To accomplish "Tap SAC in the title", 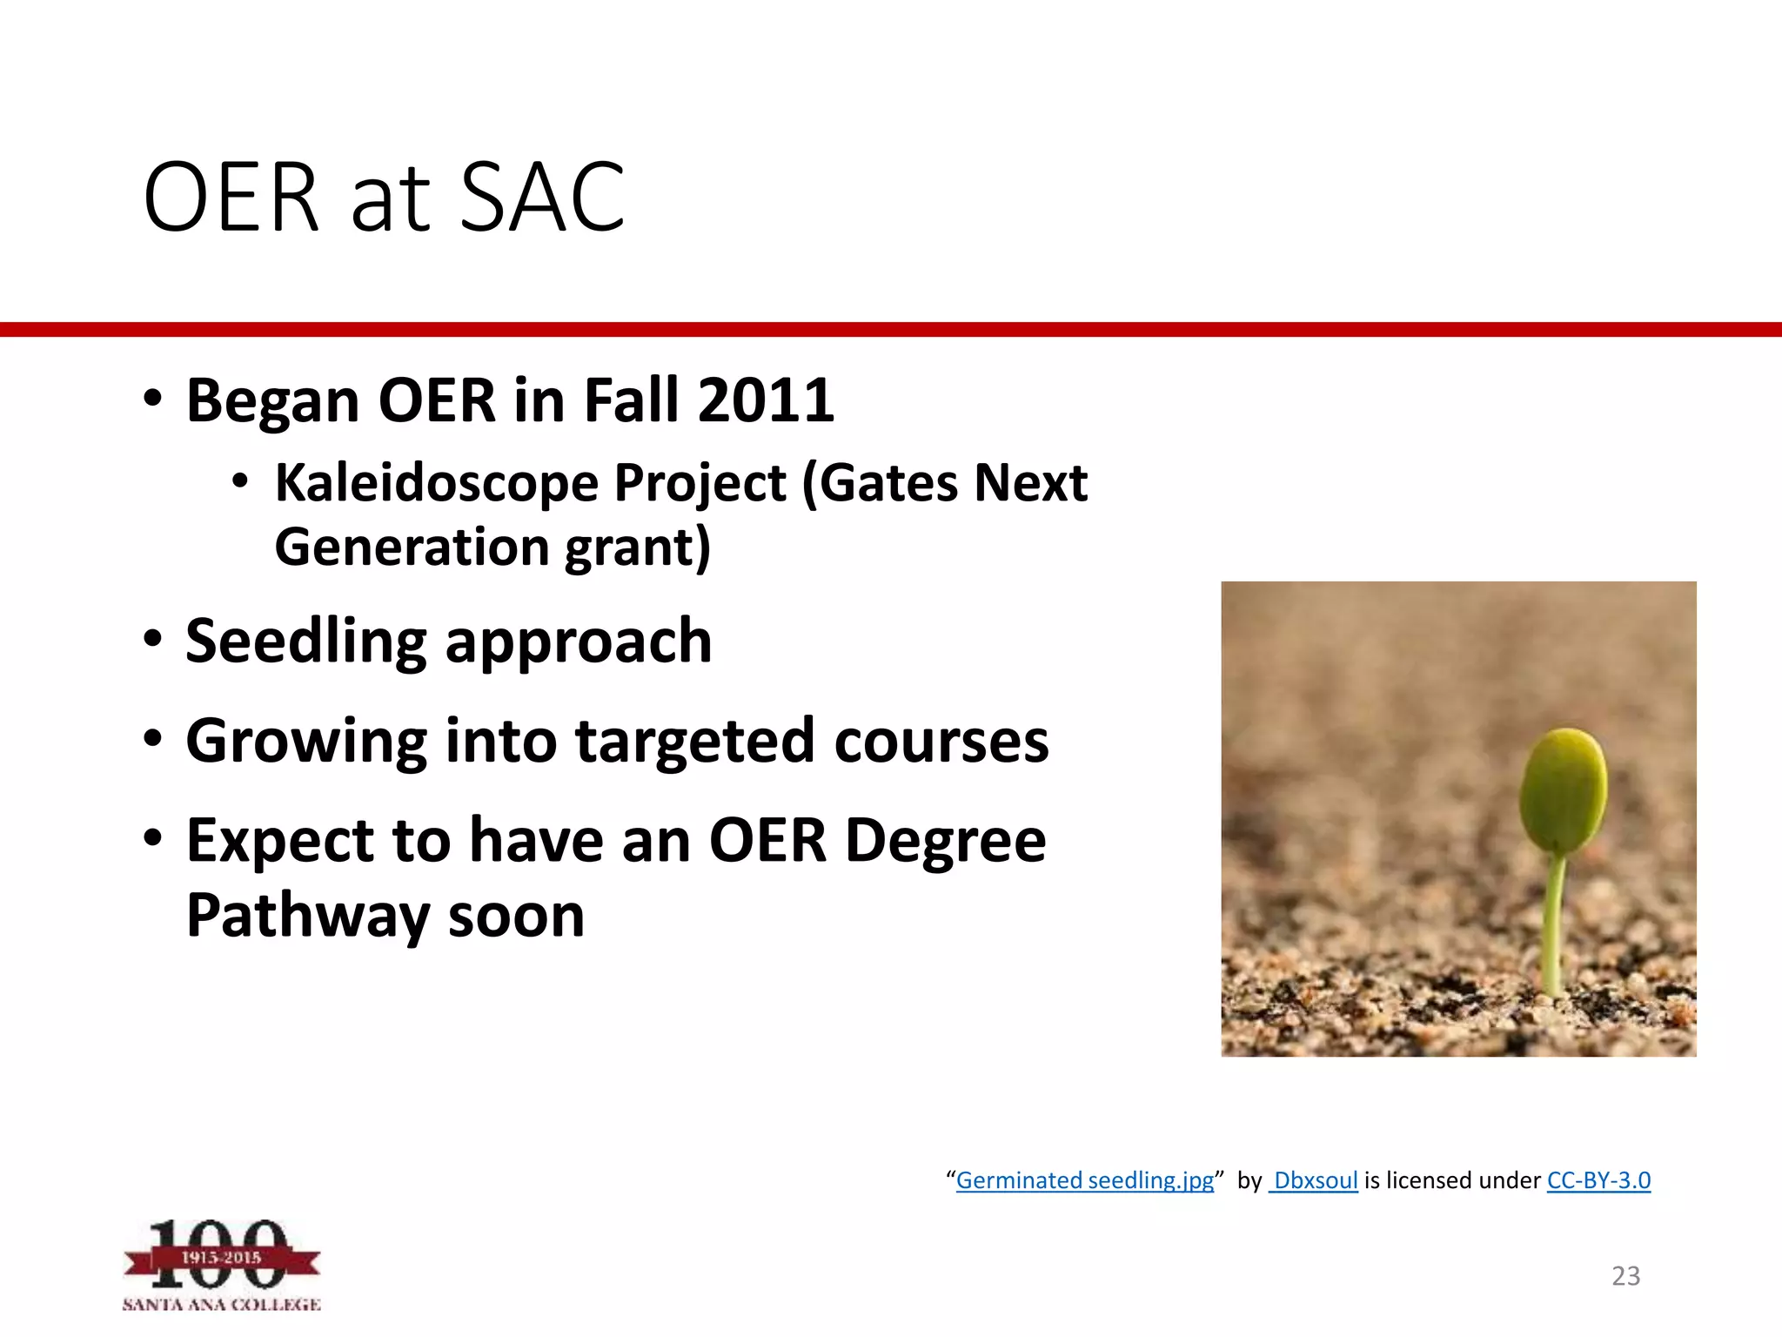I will (541, 198).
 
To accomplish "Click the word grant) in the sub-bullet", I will (638, 548).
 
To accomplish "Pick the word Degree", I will (945, 842).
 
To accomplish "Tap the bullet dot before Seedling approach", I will (153, 640).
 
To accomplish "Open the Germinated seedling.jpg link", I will (1084, 1180).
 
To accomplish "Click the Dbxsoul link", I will (1315, 1180).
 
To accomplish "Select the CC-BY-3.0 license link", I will (1598, 1180).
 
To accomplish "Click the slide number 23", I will (1625, 1276).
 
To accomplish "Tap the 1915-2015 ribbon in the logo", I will (221, 1258).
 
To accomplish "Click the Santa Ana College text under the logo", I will (221, 1305).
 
